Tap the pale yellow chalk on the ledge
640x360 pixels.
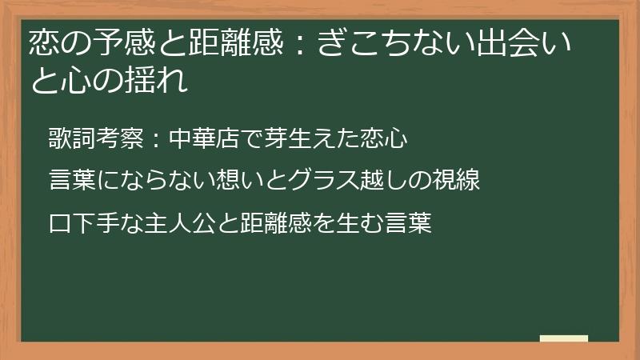(x=564, y=338)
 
